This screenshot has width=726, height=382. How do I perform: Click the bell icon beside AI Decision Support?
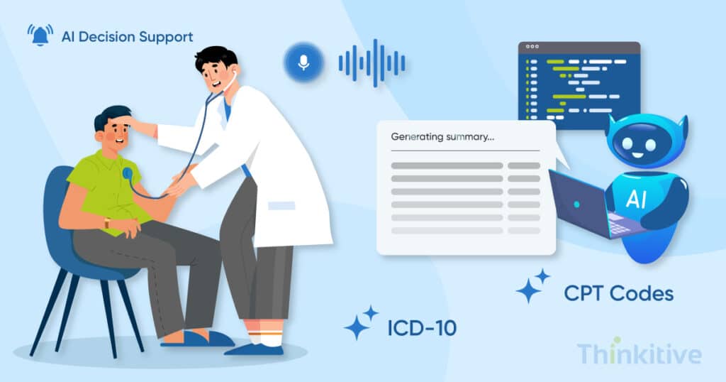[x=40, y=35]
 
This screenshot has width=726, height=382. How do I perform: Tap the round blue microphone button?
[x=303, y=62]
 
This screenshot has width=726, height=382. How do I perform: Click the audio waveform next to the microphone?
[x=372, y=62]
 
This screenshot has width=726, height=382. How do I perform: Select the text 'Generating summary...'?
[x=442, y=137]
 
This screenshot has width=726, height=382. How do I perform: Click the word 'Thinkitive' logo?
[x=638, y=353]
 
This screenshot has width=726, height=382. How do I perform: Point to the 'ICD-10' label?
[x=422, y=327]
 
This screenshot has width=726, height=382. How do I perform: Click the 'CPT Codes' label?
[x=618, y=292]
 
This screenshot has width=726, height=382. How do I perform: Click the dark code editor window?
[x=579, y=82]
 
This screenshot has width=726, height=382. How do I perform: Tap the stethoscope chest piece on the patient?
[x=128, y=173]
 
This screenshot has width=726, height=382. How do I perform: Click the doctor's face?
[x=213, y=71]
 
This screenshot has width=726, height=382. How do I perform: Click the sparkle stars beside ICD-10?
[x=362, y=324]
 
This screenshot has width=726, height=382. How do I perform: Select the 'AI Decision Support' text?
[x=127, y=36]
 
